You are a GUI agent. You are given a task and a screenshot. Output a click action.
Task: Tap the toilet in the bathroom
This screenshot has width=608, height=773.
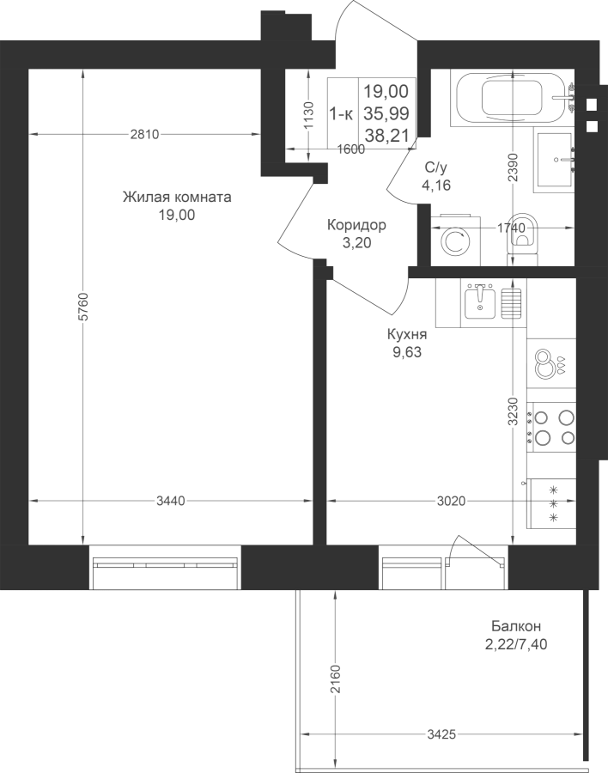524,236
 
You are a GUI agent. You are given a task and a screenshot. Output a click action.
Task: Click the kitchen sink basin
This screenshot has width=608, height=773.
480,302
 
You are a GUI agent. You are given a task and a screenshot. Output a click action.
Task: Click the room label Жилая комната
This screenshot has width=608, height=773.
177,198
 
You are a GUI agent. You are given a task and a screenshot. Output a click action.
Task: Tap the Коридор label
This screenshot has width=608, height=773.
356,225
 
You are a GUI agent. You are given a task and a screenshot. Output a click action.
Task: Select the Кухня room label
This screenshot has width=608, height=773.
407,335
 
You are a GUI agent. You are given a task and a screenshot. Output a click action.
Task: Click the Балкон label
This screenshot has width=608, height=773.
516,626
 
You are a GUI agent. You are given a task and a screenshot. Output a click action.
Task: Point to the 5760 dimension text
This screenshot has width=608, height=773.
83,306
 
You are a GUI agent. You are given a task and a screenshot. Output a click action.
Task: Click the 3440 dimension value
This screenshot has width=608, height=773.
171,501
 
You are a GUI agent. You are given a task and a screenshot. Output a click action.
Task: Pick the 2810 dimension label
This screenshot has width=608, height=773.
144,134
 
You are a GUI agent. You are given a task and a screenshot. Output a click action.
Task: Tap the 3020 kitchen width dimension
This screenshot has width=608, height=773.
451,501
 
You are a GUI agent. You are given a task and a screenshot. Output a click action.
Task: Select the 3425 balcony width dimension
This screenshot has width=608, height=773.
441,734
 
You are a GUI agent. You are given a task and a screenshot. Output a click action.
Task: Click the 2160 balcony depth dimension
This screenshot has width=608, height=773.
335,679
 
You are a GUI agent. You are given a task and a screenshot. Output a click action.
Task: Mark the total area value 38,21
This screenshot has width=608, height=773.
387,136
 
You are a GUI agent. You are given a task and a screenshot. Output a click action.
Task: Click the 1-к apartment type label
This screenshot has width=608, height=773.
341,115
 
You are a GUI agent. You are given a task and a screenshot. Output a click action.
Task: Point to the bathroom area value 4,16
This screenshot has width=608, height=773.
436,186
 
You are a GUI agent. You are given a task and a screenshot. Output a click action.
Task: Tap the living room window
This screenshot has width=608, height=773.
165,567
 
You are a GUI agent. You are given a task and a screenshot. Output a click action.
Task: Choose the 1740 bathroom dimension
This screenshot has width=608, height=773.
511,228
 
